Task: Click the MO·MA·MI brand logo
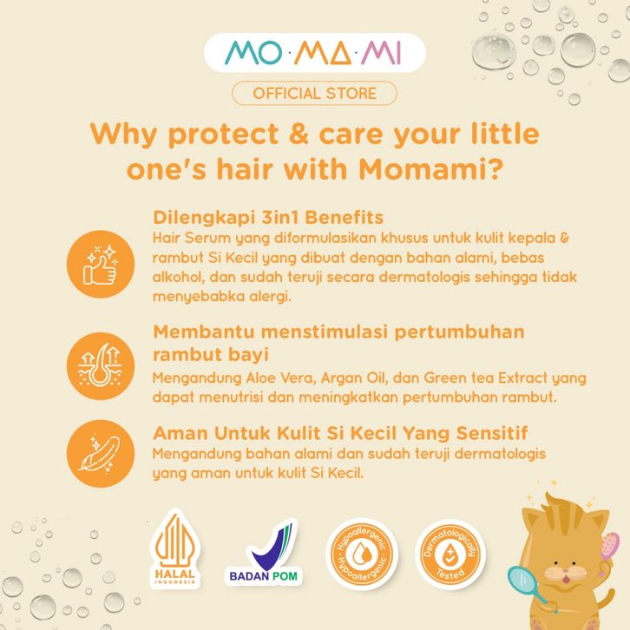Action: (314, 53)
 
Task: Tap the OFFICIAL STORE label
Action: (315, 93)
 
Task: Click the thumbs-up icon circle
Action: (101, 264)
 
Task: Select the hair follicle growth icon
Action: (101, 365)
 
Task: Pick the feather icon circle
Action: (101, 454)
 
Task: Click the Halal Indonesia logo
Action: (175, 549)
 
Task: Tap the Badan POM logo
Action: (264, 552)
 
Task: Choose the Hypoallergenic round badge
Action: (362, 554)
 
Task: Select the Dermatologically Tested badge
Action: (450, 554)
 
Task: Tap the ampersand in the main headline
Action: (299, 135)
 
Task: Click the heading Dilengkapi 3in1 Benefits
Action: (268, 217)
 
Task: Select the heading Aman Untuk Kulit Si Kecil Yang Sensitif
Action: (340, 433)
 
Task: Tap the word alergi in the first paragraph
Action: (270, 297)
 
